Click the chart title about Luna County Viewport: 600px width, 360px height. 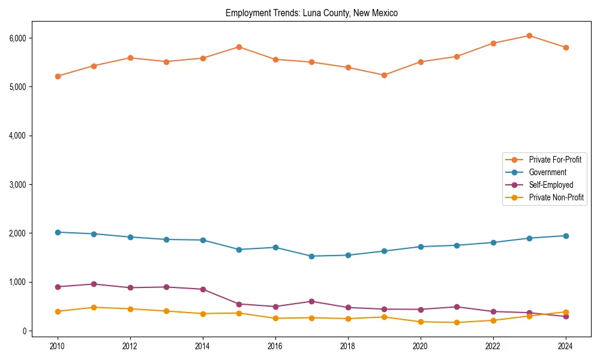coord(311,13)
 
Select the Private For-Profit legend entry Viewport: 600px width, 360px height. coord(555,160)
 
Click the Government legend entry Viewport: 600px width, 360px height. coord(547,172)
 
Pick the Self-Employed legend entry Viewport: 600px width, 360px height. coord(551,185)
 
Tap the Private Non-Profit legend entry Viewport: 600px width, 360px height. coord(556,197)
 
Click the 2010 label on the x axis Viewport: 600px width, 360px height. coord(58,346)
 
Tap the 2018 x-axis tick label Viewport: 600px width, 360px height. coord(347,346)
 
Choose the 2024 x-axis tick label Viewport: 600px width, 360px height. coord(565,346)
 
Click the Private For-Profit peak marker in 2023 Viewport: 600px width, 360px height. coord(529,35)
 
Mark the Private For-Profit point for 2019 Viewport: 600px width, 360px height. coord(384,75)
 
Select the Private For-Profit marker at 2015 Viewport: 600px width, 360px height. coord(239,47)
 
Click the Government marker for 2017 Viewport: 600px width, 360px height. coord(311,256)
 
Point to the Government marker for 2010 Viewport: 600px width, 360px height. coord(58,232)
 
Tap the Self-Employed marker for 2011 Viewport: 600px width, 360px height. coord(94,284)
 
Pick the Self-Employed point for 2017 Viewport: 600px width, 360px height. coord(311,301)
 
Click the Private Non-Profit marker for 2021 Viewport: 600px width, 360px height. coord(457,322)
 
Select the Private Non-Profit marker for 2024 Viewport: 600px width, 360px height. coord(565,312)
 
